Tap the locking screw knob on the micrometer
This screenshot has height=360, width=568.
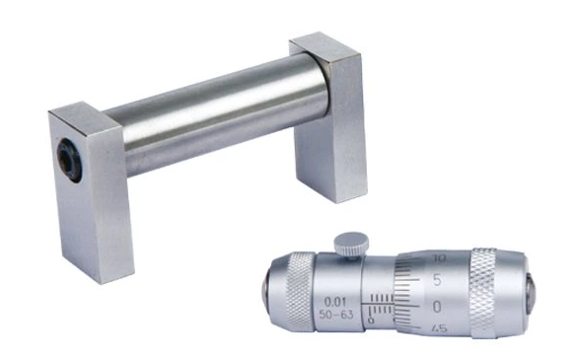click(x=347, y=241)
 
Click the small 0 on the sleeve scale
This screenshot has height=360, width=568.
click(x=371, y=320)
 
